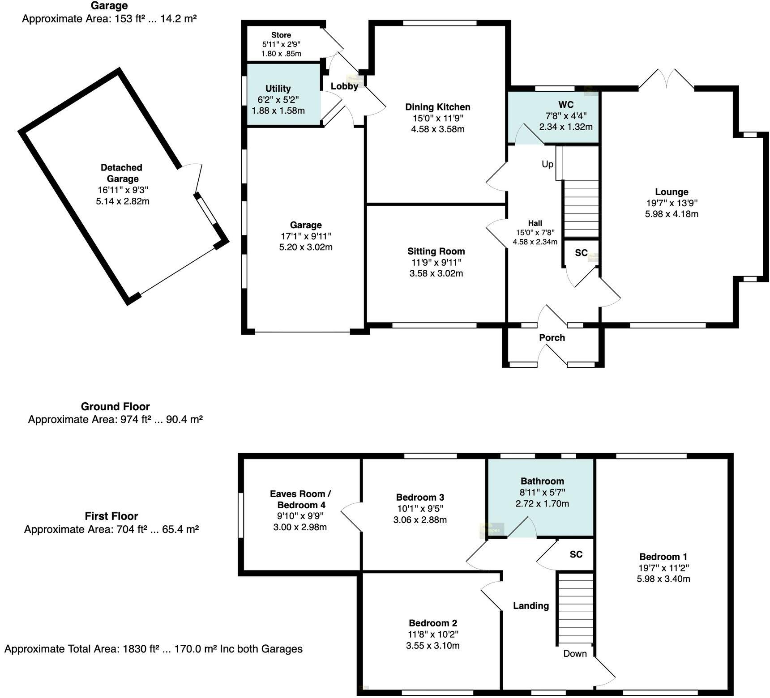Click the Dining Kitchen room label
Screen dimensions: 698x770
point(437,107)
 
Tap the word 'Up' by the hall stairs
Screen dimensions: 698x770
point(547,164)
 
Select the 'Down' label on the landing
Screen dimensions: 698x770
point(575,654)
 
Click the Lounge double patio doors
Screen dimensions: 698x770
point(667,80)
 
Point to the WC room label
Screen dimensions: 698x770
point(566,105)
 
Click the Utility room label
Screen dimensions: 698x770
point(278,89)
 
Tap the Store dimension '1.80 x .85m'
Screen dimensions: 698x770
point(281,54)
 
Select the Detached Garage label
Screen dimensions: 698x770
point(122,173)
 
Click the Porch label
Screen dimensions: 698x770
point(552,338)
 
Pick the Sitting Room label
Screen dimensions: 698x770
point(436,251)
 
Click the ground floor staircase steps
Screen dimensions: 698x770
point(581,208)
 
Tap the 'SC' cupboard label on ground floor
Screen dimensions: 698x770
point(581,253)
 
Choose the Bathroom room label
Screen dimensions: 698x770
point(542,481)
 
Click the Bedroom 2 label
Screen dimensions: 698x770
point(432,623)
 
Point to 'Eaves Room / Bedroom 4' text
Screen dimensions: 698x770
point(300,499)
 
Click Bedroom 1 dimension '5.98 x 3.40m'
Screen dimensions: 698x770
point(663,579)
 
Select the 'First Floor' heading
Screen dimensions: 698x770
point(111,516)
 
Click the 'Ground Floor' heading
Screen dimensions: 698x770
point(115,407)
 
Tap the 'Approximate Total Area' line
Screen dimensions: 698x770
point(153,649)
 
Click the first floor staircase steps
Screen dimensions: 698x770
point(576,609)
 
